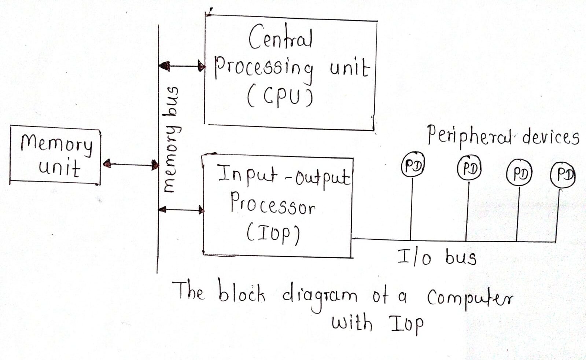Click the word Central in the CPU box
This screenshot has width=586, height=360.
click(x=280, y=37)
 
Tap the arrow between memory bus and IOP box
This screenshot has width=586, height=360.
click(x=181, y=210)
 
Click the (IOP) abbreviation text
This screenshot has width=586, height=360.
click(x=273, y=234)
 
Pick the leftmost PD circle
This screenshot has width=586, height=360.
click(x=413, y=165)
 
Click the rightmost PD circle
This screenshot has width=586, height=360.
click(x=563, y=175)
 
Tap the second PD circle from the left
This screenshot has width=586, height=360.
click(x=469, y=169)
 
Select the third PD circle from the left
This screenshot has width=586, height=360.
click(x=519, y=173)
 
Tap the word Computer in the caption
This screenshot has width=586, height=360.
click(x=470, y=298)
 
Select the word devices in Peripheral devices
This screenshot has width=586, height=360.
click(x=550, y=137)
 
